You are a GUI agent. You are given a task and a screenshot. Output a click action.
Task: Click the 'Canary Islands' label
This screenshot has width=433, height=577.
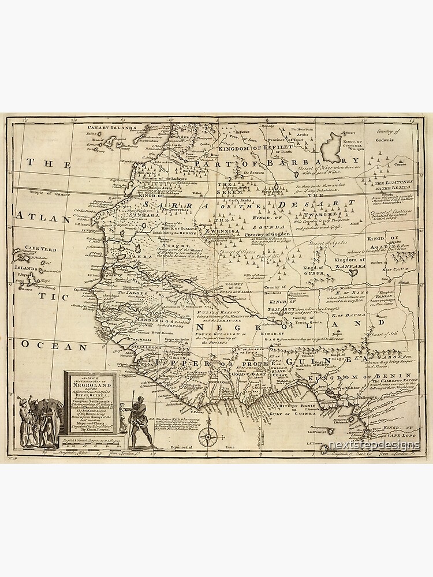111,128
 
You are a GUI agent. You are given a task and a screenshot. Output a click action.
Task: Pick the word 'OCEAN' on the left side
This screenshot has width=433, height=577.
55,346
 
